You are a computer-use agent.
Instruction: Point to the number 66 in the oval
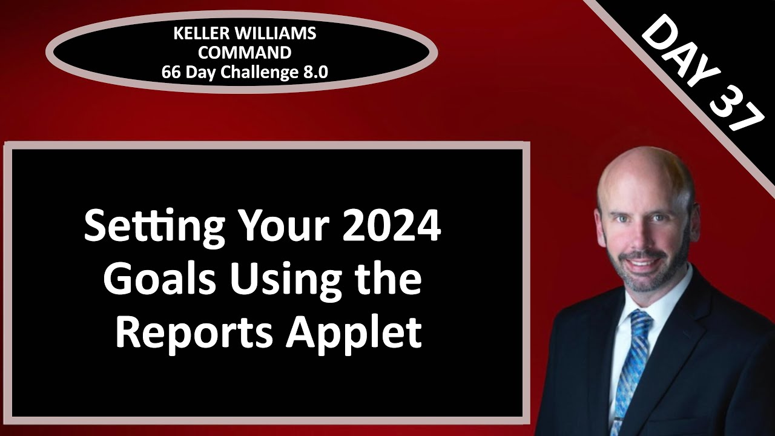point(171,72)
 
